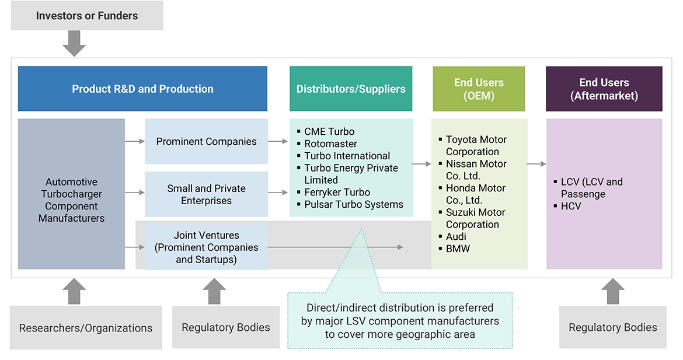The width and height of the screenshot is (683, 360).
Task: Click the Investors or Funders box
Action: [87, 16]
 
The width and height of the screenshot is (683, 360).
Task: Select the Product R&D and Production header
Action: [142, 89]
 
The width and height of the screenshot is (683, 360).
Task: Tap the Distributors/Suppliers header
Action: [351, 89]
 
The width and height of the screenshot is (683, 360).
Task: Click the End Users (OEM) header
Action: [479, 89]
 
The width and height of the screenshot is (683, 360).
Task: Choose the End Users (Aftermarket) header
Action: [604, 89]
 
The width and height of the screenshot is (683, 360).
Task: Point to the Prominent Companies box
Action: [206, 141]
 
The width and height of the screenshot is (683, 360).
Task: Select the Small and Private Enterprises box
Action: [206, 194]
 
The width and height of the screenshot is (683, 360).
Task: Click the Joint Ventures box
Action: [206, 247]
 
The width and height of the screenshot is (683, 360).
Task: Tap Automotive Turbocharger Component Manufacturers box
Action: [71, 200]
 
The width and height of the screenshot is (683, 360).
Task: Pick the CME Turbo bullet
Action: [329, 131]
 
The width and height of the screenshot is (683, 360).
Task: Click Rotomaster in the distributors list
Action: [330, 144]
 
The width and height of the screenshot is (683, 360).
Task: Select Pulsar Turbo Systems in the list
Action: [353, 204]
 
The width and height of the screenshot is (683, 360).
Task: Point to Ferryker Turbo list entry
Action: [337, 192]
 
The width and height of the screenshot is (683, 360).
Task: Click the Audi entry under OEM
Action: [456, 236]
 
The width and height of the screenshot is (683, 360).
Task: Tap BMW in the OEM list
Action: [458, 249]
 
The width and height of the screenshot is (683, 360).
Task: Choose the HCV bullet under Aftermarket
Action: [571, 206]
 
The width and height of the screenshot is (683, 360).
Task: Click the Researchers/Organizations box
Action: [86, 328]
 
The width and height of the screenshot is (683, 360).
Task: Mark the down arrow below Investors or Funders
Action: [74, 43]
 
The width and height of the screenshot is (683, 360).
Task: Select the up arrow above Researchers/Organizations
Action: [74, 291]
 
